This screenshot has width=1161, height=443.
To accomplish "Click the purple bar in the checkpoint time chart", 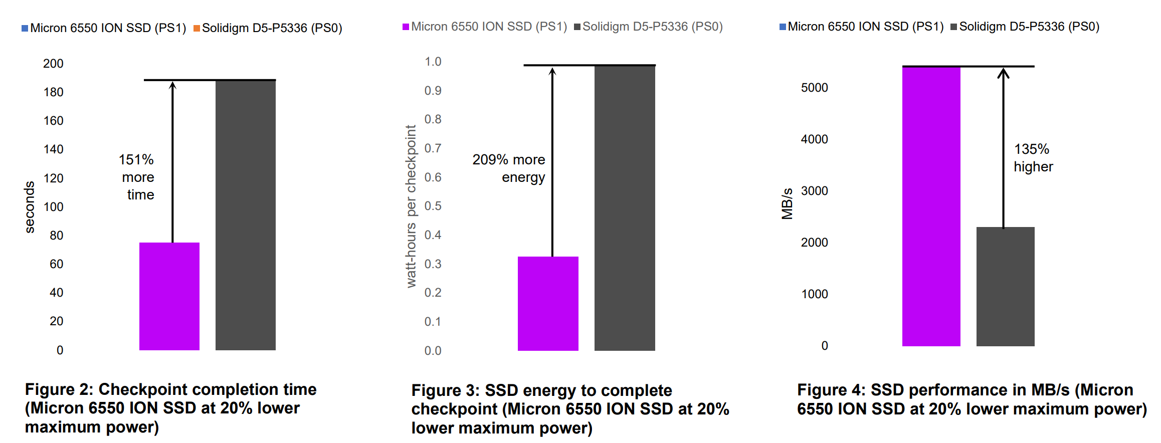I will (169, 296).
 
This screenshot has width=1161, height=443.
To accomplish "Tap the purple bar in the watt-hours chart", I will (548, 303).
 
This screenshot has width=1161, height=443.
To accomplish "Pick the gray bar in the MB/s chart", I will (1005, 286).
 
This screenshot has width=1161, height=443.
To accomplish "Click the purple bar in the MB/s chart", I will (931, 206).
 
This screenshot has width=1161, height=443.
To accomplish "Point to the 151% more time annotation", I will (137, 177).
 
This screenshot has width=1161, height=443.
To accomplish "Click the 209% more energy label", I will (509, 168).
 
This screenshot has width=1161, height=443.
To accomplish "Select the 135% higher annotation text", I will (1033, 157).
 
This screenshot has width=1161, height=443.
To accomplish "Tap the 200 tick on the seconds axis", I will (53, 64).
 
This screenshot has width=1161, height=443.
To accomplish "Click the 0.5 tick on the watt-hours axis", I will (433, 206).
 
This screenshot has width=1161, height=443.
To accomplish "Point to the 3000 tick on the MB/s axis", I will (814, 191).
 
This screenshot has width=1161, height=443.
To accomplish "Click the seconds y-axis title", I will (30, 207).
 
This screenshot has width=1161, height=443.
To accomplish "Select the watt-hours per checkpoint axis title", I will (411, 206).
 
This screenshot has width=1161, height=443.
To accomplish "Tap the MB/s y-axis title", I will (788, 203).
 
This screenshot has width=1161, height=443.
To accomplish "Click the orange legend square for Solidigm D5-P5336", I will (197, 29).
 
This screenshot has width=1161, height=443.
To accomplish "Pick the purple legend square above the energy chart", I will (406, 27).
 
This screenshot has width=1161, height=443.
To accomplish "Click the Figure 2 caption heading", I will (170, 389).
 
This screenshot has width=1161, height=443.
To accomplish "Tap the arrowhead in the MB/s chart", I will (1003, 73).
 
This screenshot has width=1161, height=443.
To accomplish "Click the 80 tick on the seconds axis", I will (56, 236).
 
